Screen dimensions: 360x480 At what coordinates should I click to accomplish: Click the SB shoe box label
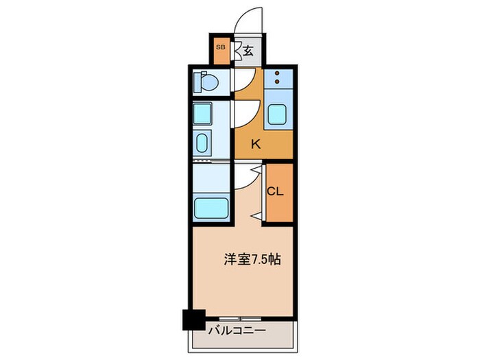220,47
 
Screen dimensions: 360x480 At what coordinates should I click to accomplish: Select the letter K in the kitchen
255,144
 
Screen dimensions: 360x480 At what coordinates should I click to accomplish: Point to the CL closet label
275,192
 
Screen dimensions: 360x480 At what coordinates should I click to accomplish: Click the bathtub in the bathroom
210,206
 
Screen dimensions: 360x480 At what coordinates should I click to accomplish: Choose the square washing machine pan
203,112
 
